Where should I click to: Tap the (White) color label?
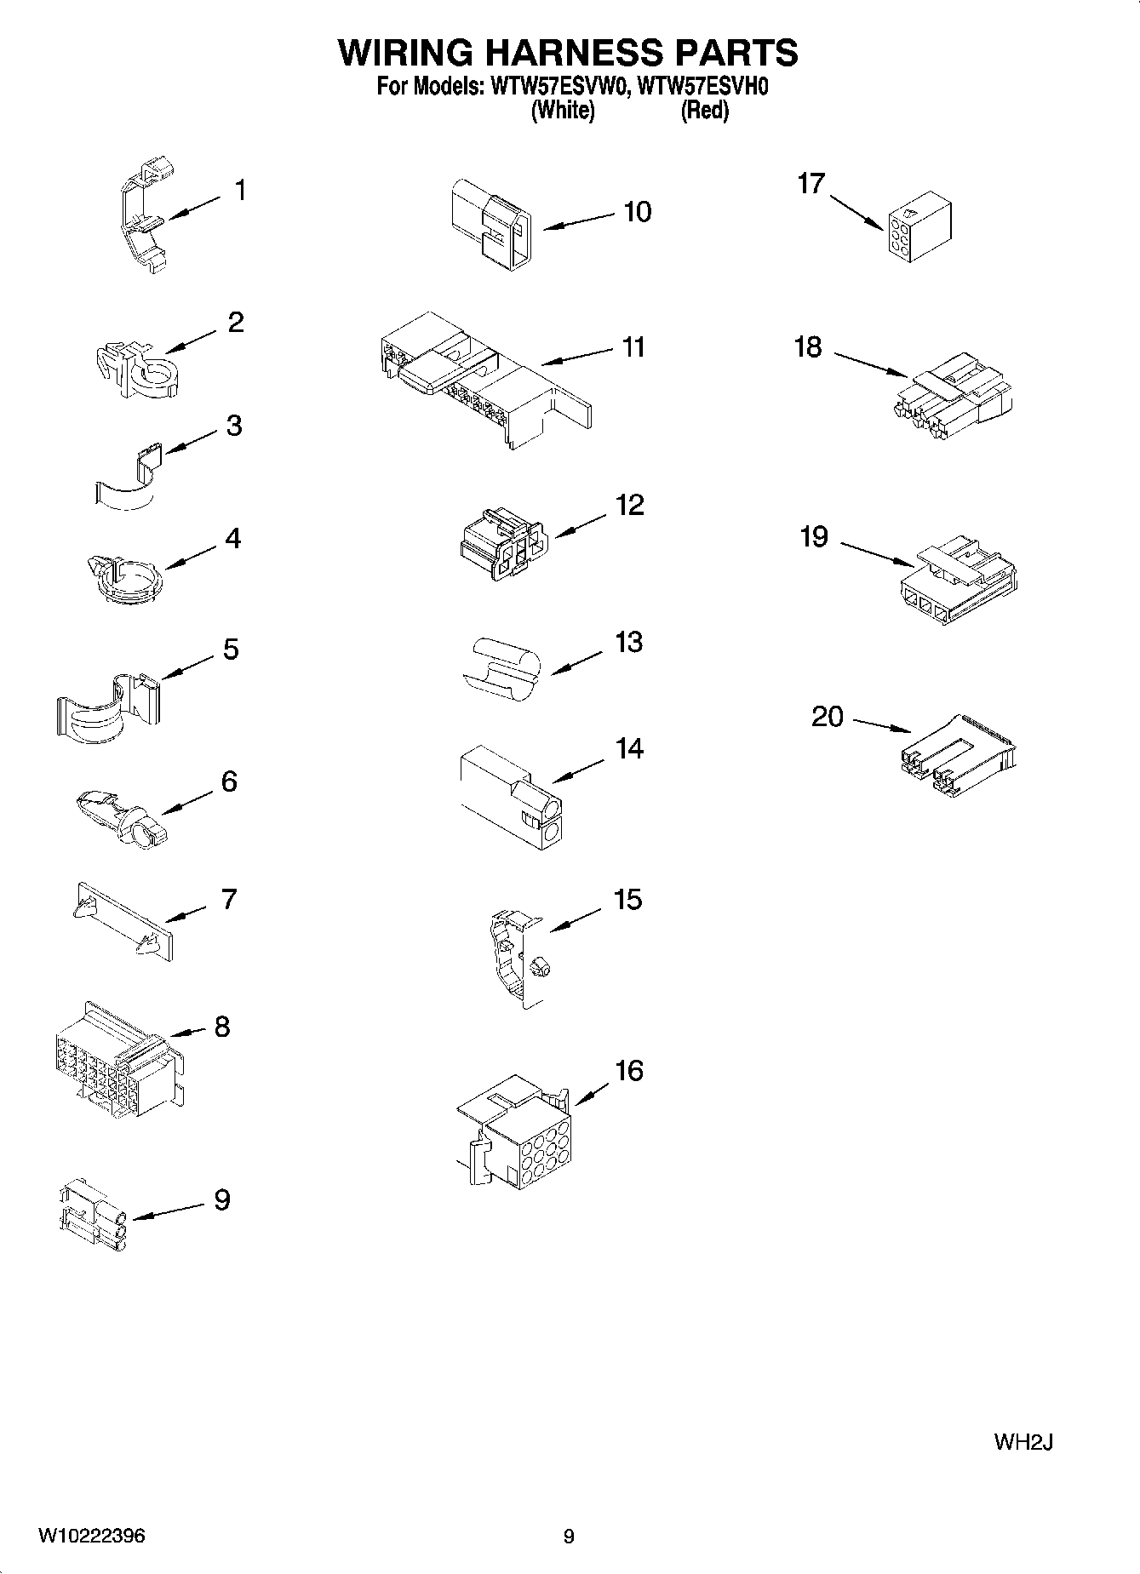click(x=562, y=110)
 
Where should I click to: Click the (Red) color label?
click(x=704, y=110)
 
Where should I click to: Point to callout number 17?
click(x=811, y=183)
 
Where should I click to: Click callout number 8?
click(x=221, y=1027)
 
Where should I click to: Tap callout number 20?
click(x=827, y=717)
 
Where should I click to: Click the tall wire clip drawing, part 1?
click(x=143, y=216)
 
